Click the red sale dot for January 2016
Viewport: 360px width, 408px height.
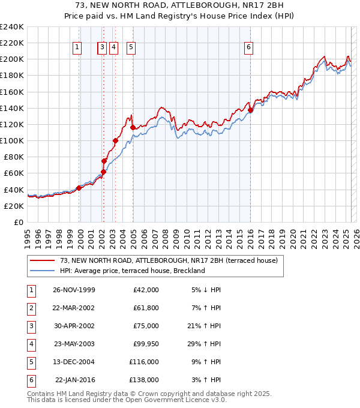click(x=250, y=110)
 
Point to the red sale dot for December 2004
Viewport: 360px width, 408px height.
click(x=133, y=127)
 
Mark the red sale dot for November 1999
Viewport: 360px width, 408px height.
click(x=79, y=188)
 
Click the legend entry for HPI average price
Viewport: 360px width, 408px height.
click(x=132, y=271)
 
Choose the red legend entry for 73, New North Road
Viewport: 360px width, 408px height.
click(x=168, y=261)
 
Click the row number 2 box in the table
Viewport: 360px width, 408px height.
click(x=30, y=308)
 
